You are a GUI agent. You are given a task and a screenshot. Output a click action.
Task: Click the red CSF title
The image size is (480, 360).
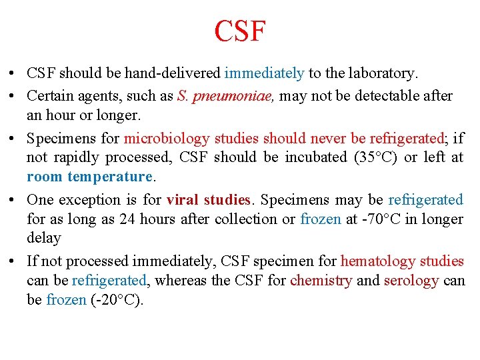pos(240,31)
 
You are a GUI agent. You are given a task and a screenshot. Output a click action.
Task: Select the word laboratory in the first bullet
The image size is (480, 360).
pos(381,73)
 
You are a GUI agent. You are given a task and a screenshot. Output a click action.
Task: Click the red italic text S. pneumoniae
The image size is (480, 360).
pos(225,96)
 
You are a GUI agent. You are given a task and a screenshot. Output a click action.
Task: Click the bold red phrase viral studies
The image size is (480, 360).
pos(208,200)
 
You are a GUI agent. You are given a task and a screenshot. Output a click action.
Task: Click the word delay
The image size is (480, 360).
pos(43,238)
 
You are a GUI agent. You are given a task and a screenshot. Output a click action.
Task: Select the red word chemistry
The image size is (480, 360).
pos(321,281)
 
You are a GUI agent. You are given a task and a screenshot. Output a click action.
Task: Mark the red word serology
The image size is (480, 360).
pos(411,281)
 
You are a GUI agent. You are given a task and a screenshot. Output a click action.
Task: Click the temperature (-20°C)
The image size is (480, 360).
pos(117,300)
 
